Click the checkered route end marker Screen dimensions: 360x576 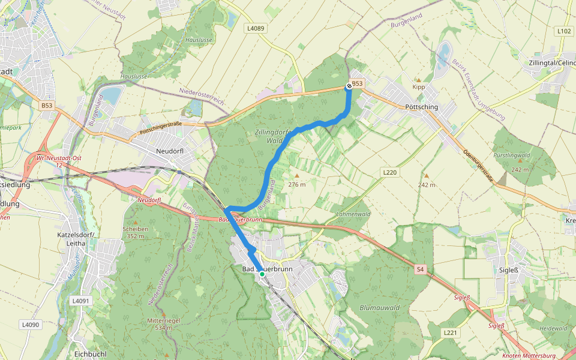pos(349,86)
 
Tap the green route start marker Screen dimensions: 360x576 pos(262,274)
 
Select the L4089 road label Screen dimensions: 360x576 pos(255,28)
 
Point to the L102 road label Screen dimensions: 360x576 pos(563,31)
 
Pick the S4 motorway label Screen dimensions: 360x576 pos(420,270)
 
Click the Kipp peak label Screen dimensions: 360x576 pos(419,87)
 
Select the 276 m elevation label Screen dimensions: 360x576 pos(297,184)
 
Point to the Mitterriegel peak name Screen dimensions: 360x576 pos(160,320)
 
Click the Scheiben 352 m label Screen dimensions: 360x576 pos(135,232)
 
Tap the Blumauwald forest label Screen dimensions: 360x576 pos(379,308)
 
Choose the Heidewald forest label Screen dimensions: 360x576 pos(553,328)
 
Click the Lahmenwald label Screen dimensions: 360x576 pos(353,214)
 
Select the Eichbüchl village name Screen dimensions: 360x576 pos(91,354)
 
